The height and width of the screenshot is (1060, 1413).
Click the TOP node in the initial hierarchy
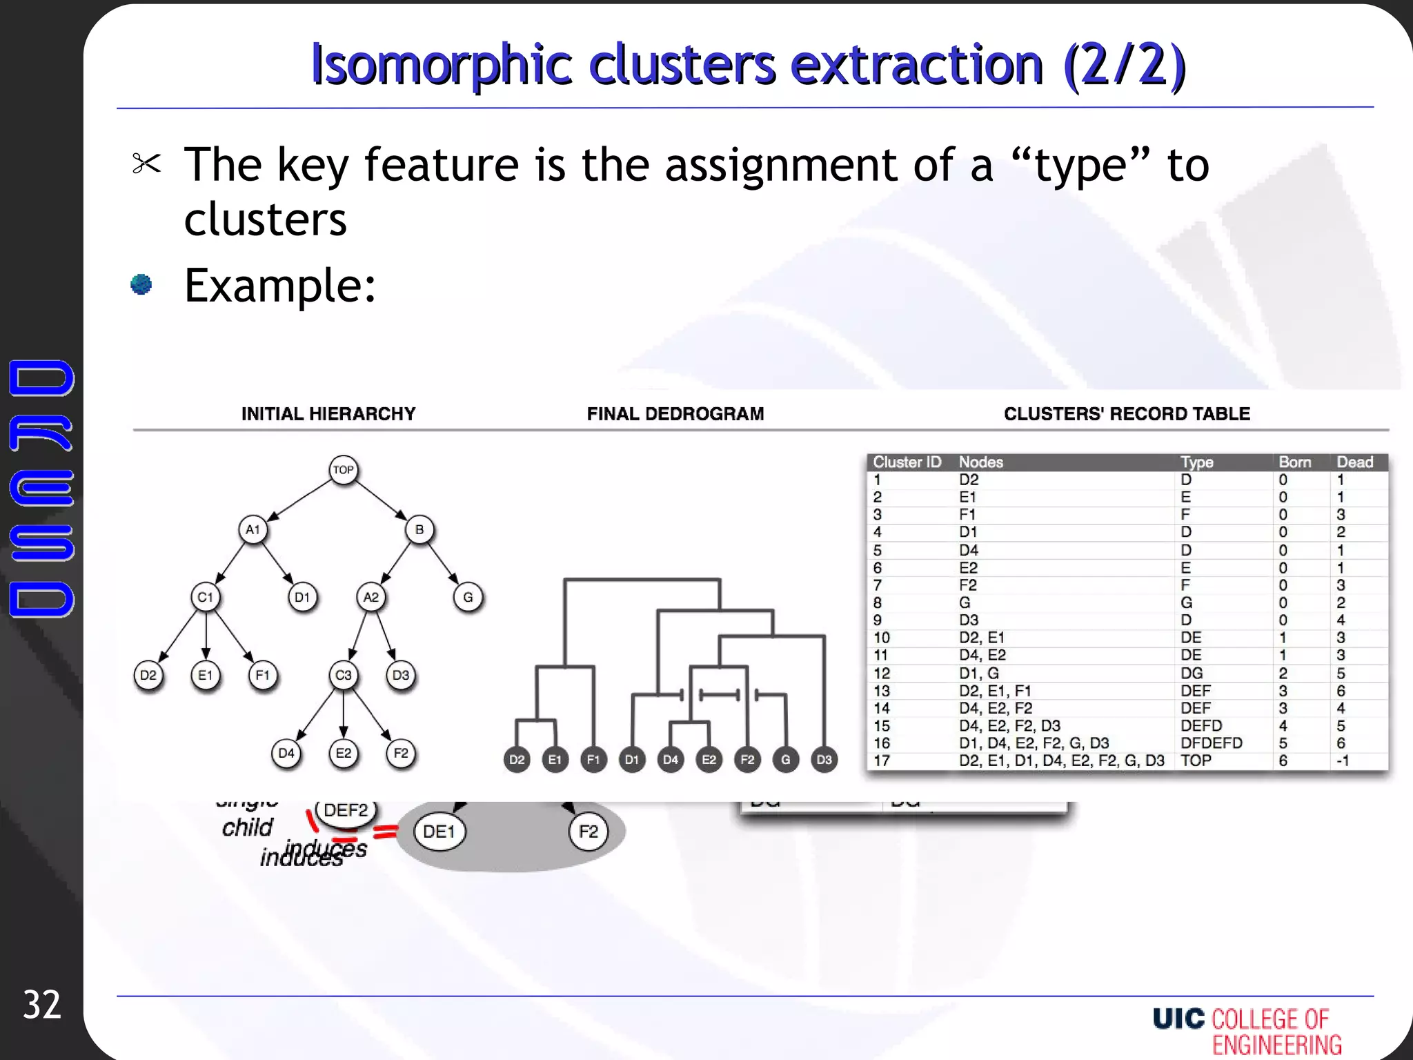pyautogui.click(x=343, y=470)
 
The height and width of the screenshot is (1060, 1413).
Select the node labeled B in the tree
pyautogui.click(x=419, y=530)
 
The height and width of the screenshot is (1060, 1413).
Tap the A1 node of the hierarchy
pyautogui.click(x=253, y=530)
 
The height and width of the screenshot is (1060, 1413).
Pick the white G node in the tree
pyautogui.click(x=468, y=597)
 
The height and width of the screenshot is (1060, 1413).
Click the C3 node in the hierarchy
pyautogui.click(x=343, y=675)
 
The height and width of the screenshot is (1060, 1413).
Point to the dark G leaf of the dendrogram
pyautogui.click(x=785, y=760)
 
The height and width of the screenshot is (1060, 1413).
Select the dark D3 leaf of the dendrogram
pyautogui.click(x=824, y=760)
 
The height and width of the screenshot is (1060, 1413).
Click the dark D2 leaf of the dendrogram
pyautogui.click(x=517, y=760)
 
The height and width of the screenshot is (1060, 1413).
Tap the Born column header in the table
pyautogui.click(x=1294, y=462)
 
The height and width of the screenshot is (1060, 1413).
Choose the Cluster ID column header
pyautogui.click(x=907, y=462)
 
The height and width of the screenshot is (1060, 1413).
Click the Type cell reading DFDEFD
pyautogui.click(x=1211, y=743)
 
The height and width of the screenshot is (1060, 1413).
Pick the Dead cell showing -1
pyautogui.click(x=1342, y=760)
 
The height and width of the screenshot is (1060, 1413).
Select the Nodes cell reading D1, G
pyautogui.click(x=978, y=673)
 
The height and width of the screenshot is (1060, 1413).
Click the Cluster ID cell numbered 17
pyautogui.click(x=882, y=760)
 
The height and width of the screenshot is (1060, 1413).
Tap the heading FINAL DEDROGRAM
pyautogui.click(x=675, y=414)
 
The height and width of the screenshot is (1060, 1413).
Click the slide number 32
pyautogui.click(x=41, y=1005)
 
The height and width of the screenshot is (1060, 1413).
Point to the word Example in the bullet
pyautogui.click(x=279, y=286)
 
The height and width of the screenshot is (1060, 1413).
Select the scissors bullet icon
pyautogui.click(x=146, y=164)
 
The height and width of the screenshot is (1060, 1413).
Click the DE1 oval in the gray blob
pyautogui.click(x=439, y=832)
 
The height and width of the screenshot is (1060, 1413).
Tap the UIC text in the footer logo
pyautogui.click(x=1178, y=1019)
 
